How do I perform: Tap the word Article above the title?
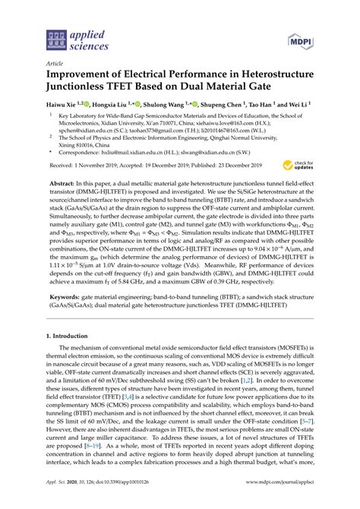[55, 65]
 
